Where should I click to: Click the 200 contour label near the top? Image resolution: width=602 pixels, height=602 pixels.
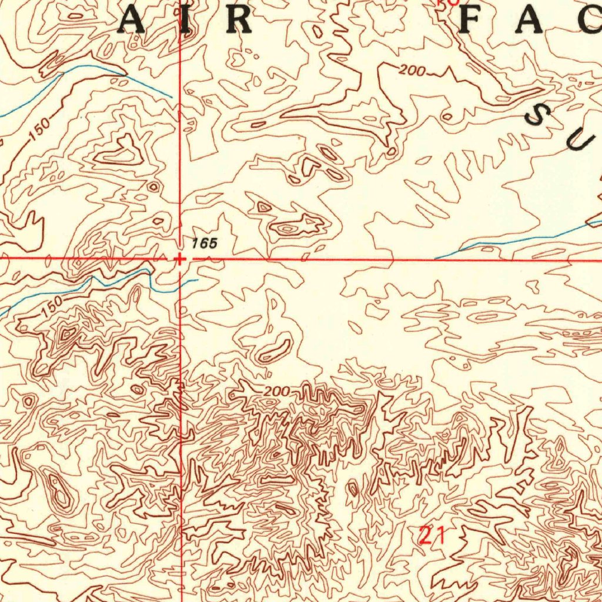coord(412,72)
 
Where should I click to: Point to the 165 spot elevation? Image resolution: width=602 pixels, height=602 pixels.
coord(204,243)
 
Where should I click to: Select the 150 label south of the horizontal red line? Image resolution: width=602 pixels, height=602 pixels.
coord(52,308)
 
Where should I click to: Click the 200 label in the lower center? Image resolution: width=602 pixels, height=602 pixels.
coord(276,392)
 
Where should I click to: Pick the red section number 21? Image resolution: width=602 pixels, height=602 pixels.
coord(432,536)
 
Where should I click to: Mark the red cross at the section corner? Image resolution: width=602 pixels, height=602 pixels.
coord(179,259)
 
